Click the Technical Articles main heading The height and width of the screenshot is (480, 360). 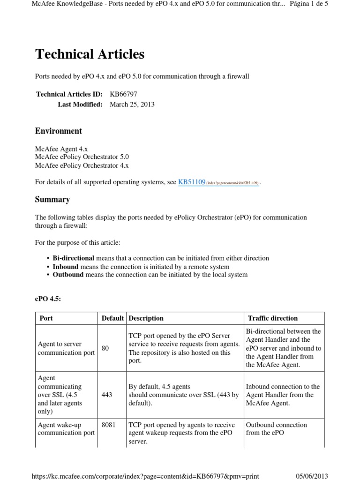[90, 54]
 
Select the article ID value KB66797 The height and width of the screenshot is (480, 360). [123, 94]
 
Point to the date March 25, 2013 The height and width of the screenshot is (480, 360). [132, 104]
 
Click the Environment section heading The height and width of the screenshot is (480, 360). [59, 131]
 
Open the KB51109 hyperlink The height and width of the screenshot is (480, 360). [192, 182]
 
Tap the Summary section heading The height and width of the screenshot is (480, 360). [52, 200]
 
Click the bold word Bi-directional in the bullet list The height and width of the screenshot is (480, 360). [73, 258]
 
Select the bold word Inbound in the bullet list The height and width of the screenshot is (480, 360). [66, 266]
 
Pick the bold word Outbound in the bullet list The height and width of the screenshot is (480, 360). [68, 275]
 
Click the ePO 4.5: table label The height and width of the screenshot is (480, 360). [48, 299]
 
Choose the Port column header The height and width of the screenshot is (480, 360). [46, 318]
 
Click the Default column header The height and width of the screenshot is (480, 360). [112, 318]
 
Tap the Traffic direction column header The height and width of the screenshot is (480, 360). [273, 318]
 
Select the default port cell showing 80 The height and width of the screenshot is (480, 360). [105, 348]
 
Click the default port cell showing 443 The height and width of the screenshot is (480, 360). [106, 395]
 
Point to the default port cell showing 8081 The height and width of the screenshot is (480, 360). [108, 425]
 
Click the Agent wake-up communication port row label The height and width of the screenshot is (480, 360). [66, 429]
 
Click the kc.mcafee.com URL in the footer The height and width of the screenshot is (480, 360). [145, 476]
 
